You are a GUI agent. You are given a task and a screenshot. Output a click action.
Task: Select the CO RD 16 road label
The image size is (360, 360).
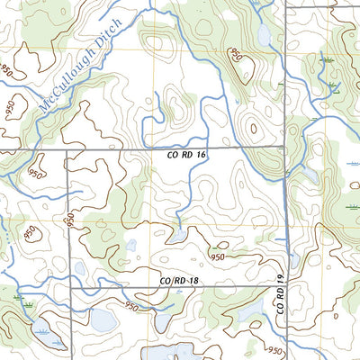pos(188,156)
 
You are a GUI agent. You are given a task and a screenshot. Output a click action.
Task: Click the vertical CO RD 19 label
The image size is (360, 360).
pos(280,295)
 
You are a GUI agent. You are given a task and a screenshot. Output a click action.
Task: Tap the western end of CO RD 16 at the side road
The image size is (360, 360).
pos(66,148)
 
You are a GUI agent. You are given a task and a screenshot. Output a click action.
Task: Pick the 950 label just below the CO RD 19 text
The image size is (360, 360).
pos(275,349)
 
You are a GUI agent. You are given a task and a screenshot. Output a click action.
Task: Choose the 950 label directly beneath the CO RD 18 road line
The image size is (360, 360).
pos(132,307)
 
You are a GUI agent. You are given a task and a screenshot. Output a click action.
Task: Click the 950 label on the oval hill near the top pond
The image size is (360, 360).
pos(237,56)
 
